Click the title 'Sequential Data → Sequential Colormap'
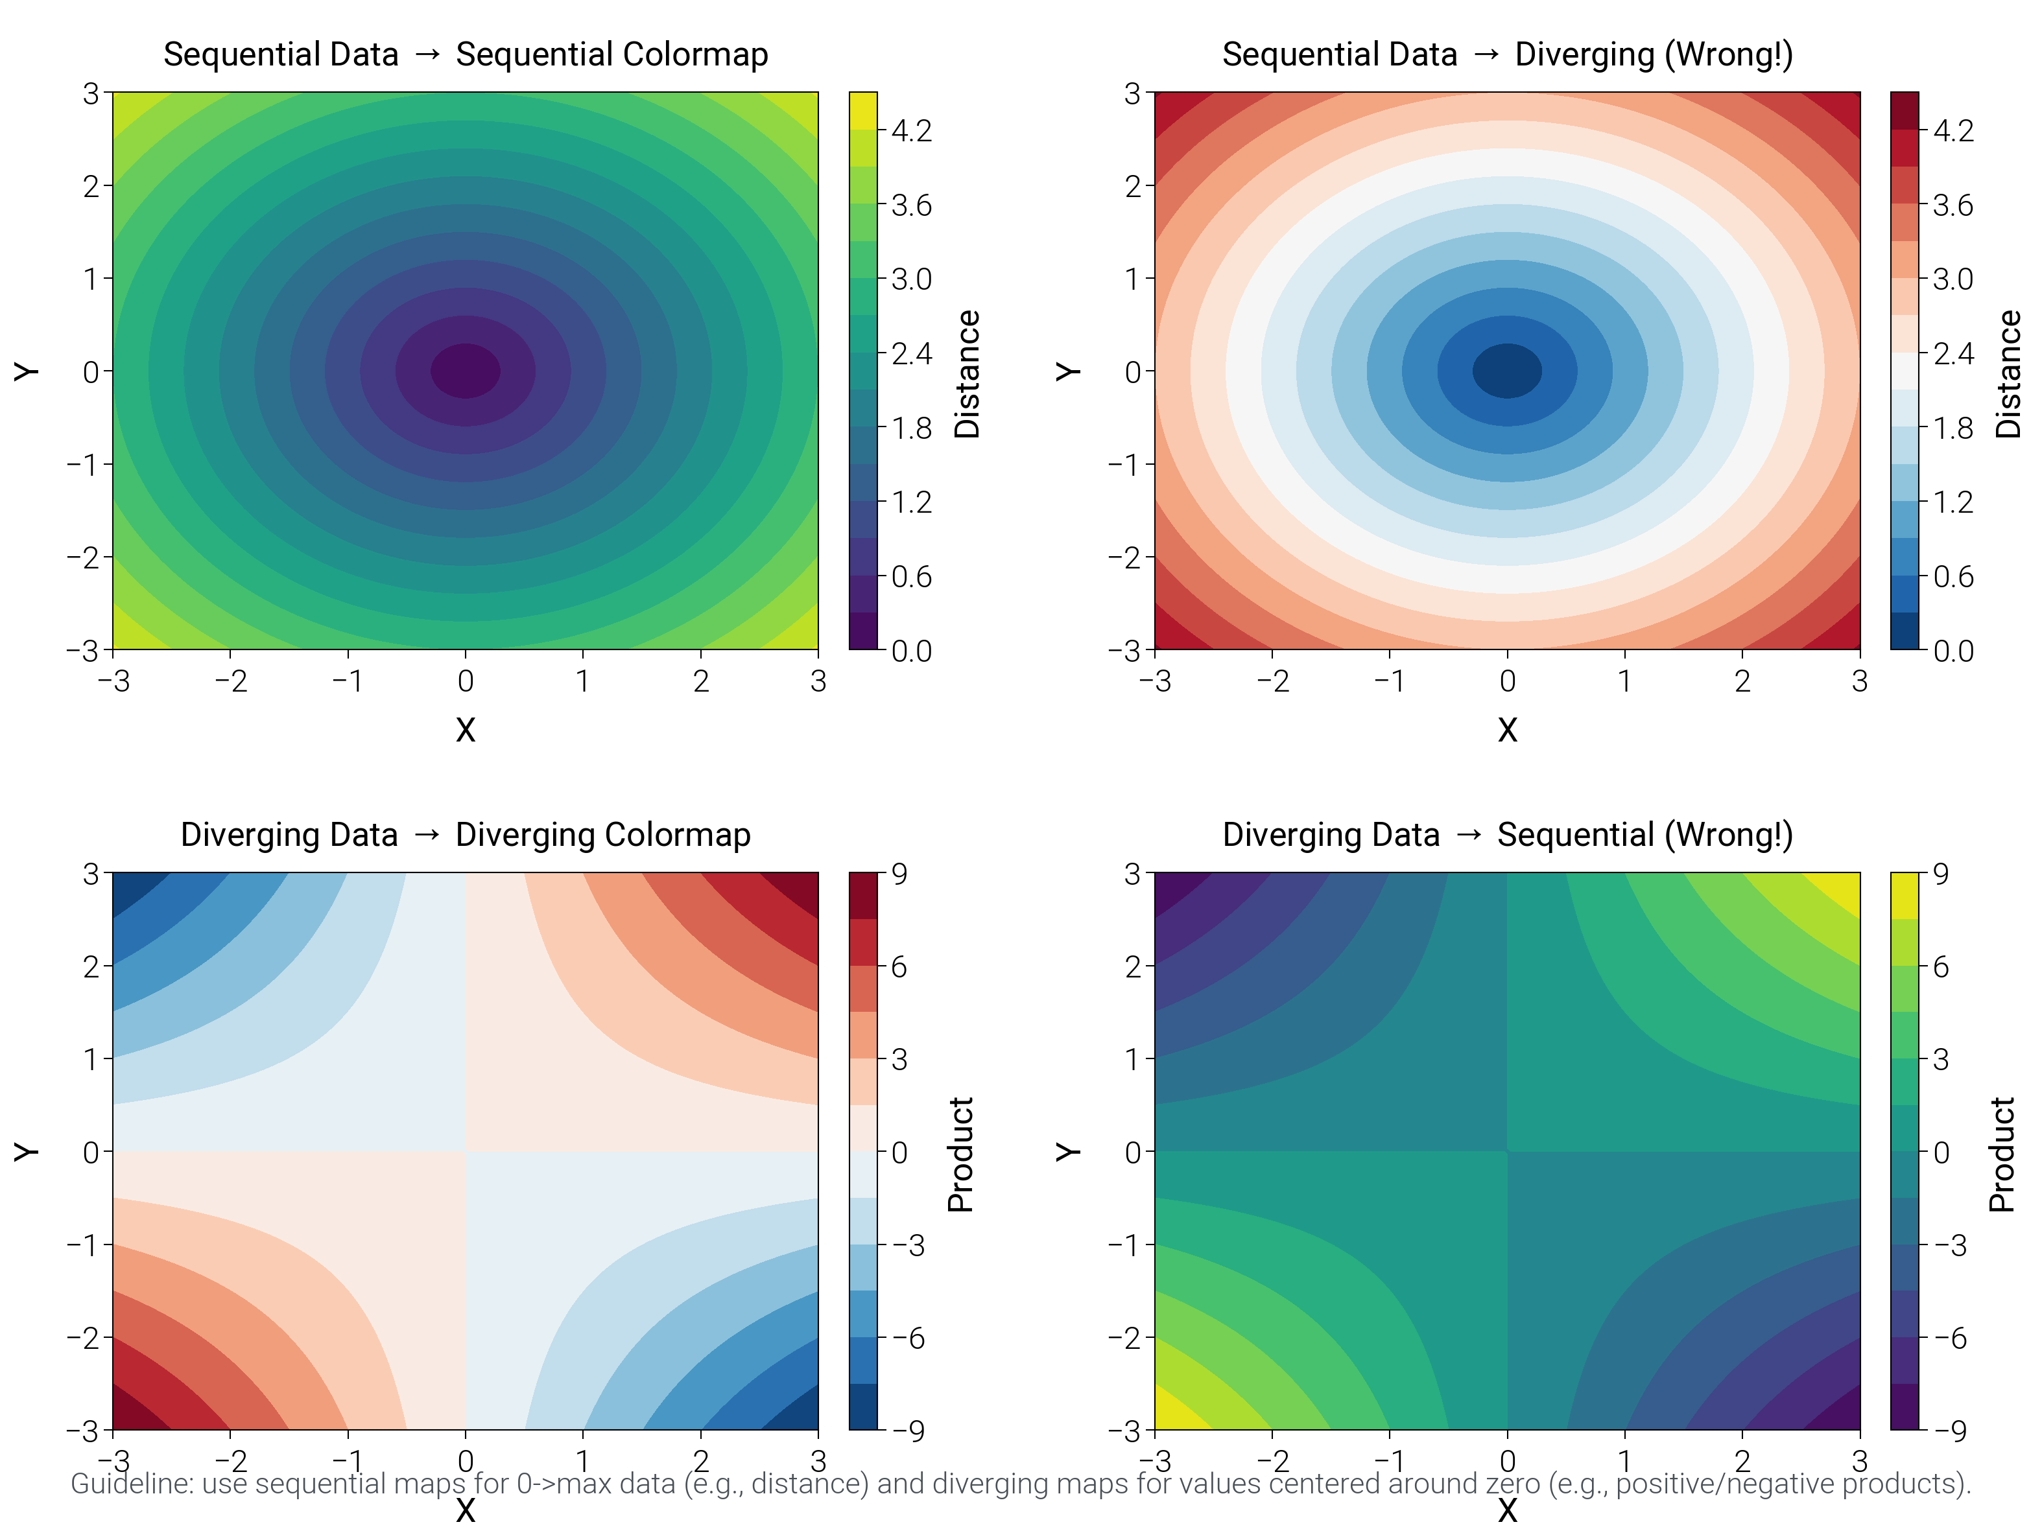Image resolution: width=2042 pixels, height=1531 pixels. [465, 54]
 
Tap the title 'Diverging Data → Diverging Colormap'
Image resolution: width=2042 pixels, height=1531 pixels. [465, 834]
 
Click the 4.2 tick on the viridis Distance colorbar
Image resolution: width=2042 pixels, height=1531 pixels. [911, 131]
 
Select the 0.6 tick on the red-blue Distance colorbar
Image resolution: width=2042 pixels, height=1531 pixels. [1953, 577]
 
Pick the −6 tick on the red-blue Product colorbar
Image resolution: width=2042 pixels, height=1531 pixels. [908, 1338]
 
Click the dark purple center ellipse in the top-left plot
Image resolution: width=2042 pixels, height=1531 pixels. [465, 371]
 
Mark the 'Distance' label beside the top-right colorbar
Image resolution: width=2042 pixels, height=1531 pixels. [2008, 374]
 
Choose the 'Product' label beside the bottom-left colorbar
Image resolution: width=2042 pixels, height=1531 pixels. [961, 1154]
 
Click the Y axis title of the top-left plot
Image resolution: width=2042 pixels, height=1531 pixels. [26, 371]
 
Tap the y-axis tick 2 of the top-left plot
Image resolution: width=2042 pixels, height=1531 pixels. [91, 185]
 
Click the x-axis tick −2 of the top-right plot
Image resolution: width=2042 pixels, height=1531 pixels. [1272, 681]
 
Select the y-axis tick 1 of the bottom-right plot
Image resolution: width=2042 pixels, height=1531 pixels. [1133, 1058]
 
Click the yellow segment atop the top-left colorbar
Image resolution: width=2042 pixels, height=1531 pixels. [862, 110]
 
